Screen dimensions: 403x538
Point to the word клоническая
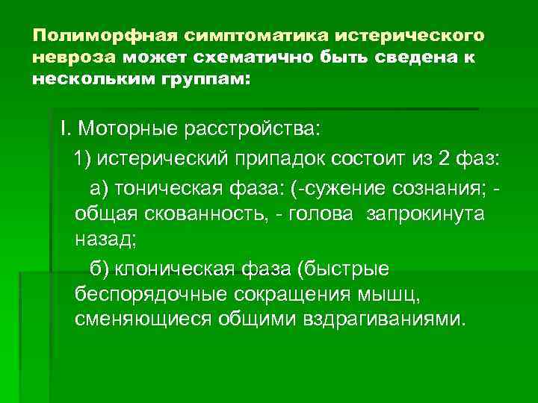pyautogui.click(x=179, y=268)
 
